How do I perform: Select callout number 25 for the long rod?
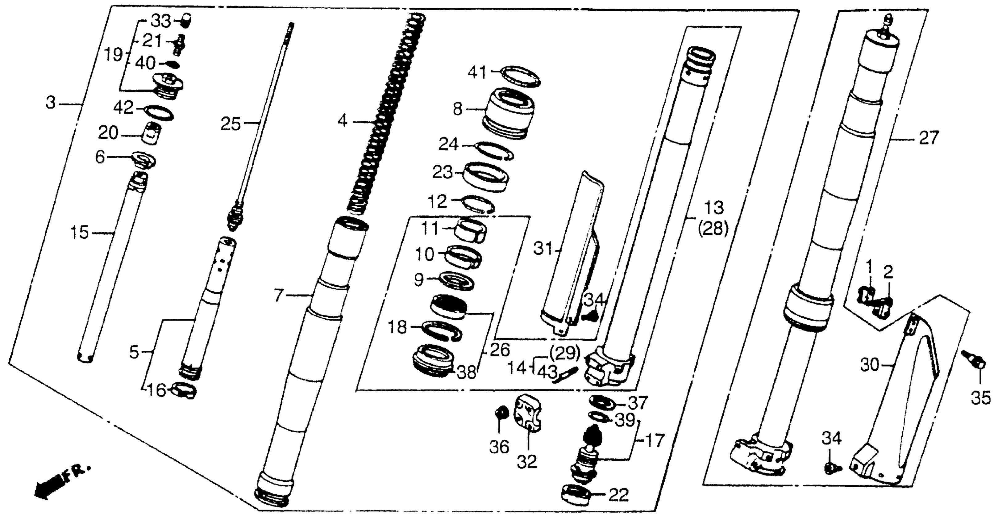(231, 124)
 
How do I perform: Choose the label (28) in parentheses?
(713, 229)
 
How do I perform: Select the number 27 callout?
(929, 138)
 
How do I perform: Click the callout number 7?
(279, 296)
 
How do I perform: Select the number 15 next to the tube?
(79, 233)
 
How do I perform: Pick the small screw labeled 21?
(179, 44)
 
